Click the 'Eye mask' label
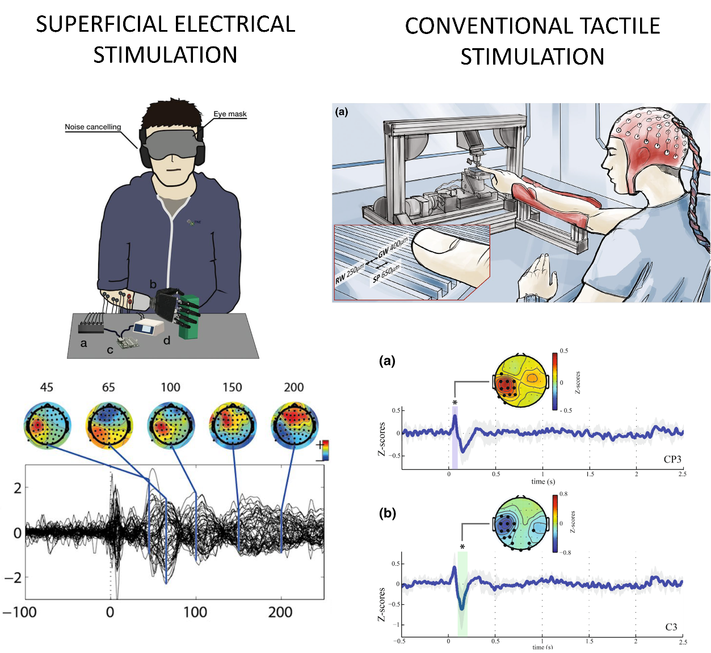click(230, 114)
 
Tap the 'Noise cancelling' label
click(93, 127)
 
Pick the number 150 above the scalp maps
click(232, 387)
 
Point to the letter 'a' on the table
click(84, 343)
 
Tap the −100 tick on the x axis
click(20, 612)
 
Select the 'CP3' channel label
click(672, 460)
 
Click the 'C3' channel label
click(671, 627)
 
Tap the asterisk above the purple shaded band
click(455, 403)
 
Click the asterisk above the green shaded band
click(462, 547)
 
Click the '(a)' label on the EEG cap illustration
click(342, 112)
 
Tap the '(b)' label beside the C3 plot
click(388, 514)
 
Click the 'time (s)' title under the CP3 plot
click(543, 481)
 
